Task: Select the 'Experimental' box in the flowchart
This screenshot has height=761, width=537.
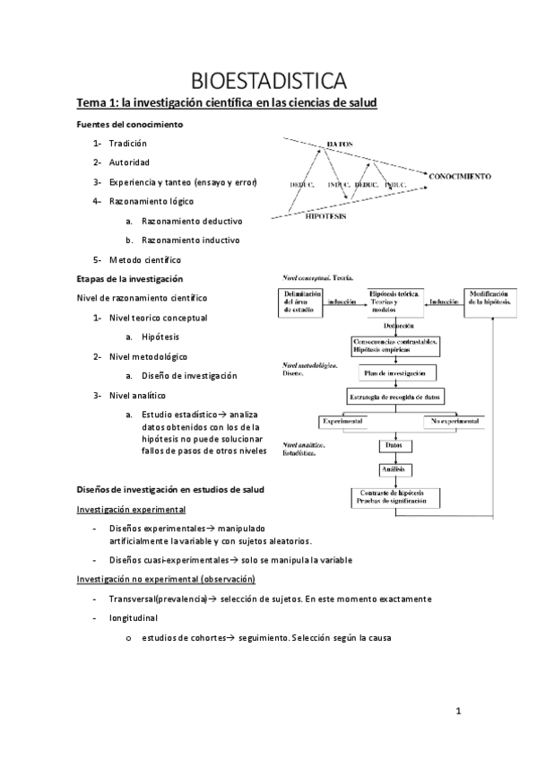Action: coord(340,421)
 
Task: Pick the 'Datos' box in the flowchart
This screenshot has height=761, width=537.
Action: coord(392,445)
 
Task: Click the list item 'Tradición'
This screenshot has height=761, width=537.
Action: coord(127,144)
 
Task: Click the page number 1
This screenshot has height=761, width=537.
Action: coord(457,713)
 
